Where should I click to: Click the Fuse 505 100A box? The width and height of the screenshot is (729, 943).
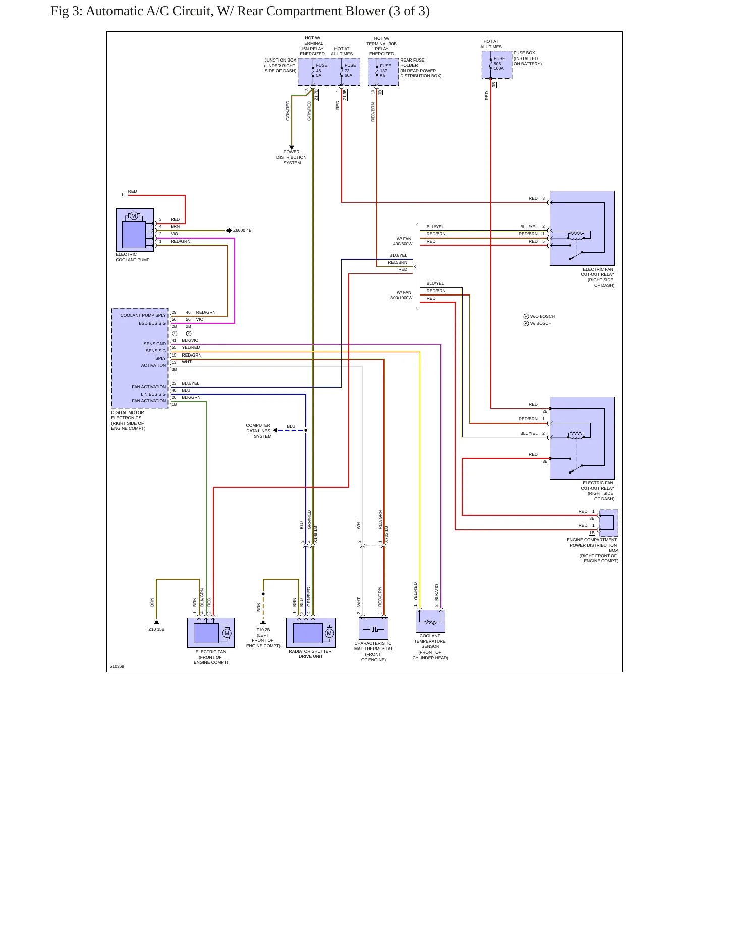click(497, 65)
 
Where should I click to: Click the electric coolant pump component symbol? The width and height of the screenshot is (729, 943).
click(135, 230)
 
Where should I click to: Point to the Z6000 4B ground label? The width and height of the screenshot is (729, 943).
click(242, 230)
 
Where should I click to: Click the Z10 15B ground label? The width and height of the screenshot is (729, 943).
click(156, 629)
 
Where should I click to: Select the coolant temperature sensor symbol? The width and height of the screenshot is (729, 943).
click(430, 621)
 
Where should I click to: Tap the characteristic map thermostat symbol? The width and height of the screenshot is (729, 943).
click(373, 628)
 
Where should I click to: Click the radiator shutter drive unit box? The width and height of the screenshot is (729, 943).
click(311, 633)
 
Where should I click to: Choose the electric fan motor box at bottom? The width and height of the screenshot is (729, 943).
click(211, 633)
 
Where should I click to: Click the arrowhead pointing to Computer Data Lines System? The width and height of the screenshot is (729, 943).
click(275, 430)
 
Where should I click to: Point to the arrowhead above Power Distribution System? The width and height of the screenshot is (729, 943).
click(292, 148)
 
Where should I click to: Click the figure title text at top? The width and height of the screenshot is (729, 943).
click(240, 11)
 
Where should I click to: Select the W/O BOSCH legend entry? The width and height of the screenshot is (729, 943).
click(539, 316)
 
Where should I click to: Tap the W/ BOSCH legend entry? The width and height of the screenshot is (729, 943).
click(538, 323)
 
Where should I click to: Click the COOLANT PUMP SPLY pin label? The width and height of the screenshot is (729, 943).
click(143, 315)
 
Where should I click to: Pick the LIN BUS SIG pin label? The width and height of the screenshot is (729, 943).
click(153, 394)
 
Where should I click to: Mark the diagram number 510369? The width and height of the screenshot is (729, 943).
click(117, 666)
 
